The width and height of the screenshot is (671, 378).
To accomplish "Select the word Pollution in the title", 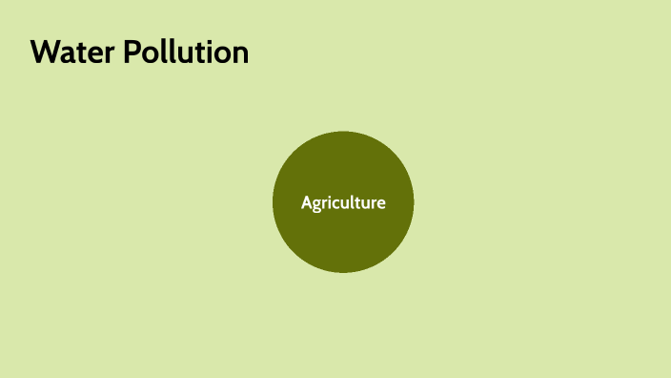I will (186, 52).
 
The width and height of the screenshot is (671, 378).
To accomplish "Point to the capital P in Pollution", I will (133, 52).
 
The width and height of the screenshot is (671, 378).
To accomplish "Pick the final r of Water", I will (111, 55).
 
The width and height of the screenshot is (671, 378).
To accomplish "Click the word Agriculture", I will (343, 202).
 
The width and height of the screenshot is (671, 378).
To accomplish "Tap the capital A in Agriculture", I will (307, 202).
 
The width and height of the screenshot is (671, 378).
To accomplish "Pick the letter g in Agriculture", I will (317, 204).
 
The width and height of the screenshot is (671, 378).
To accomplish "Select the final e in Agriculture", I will (381, 203).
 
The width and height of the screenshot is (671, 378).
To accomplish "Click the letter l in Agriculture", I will (352, 201).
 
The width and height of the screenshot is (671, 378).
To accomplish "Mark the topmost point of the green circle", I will (343, 133).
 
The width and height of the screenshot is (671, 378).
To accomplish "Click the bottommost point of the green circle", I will (343, 272).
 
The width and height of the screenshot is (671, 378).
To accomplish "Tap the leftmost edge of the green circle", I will (274, 202).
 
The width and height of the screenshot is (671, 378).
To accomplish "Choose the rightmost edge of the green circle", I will (414, 202).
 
